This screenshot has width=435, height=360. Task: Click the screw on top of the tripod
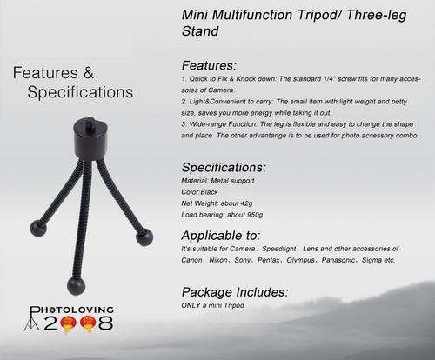tap(90, 120)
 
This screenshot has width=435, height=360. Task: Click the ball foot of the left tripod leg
tap(38, 228)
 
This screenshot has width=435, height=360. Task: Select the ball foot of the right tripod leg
tap(144, 237)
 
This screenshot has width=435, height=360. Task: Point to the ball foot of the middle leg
tap(77, 285)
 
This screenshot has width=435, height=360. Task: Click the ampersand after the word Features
tap(89, 72)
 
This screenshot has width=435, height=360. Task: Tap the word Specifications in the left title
tap(80, 92)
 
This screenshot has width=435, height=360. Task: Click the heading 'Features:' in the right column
tap(209, 65)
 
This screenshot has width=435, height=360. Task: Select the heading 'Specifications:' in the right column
tap(224, 168)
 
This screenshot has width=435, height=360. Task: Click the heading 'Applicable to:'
tap(221, 236)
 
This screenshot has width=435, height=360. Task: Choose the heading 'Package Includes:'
tap(235, 292)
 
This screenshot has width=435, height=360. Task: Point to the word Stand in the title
tap(200, 31)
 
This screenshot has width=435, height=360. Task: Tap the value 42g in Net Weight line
tap(246, 203)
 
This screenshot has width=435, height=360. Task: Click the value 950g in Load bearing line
tap(255, 215)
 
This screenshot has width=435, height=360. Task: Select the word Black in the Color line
tap(209, 192)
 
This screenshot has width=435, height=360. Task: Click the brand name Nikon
tap(218, 260)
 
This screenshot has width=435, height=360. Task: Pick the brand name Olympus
tap(300, 260)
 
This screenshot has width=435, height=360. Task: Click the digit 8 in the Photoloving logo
tap(106, 323)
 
